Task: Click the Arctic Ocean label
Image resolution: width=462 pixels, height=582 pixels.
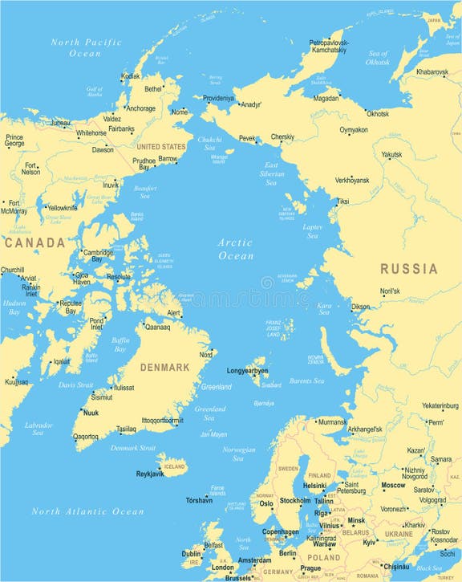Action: pyautogui.click(x=236, y=249)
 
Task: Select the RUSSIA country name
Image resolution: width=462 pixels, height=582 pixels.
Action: pyautogui.click(x=408, y=269)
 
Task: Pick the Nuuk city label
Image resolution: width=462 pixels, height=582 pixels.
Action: pyautogui.click(x=91, y=413)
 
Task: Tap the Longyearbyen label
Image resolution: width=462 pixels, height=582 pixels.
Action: pyautogui.click(x=247, y=372)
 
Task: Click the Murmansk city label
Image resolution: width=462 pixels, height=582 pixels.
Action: pyautogui.click(x=332, y=421)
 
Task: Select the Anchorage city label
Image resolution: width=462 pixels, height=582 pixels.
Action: pyautogui.click(x=140, y=108)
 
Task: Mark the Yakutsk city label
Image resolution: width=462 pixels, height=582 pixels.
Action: pyautogui.click(x=391, y=154)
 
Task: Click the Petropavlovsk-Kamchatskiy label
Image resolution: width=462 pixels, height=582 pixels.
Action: pyautogui.click(x=327, y=45)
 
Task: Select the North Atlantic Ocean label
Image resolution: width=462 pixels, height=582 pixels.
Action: pyautogui.click(x=87, y=511)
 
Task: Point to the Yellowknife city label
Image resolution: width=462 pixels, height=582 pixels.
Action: pyautogui.click(x=61, y=208)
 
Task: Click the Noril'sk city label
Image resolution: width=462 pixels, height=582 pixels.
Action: pyautogui.click(x=390, y=291)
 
